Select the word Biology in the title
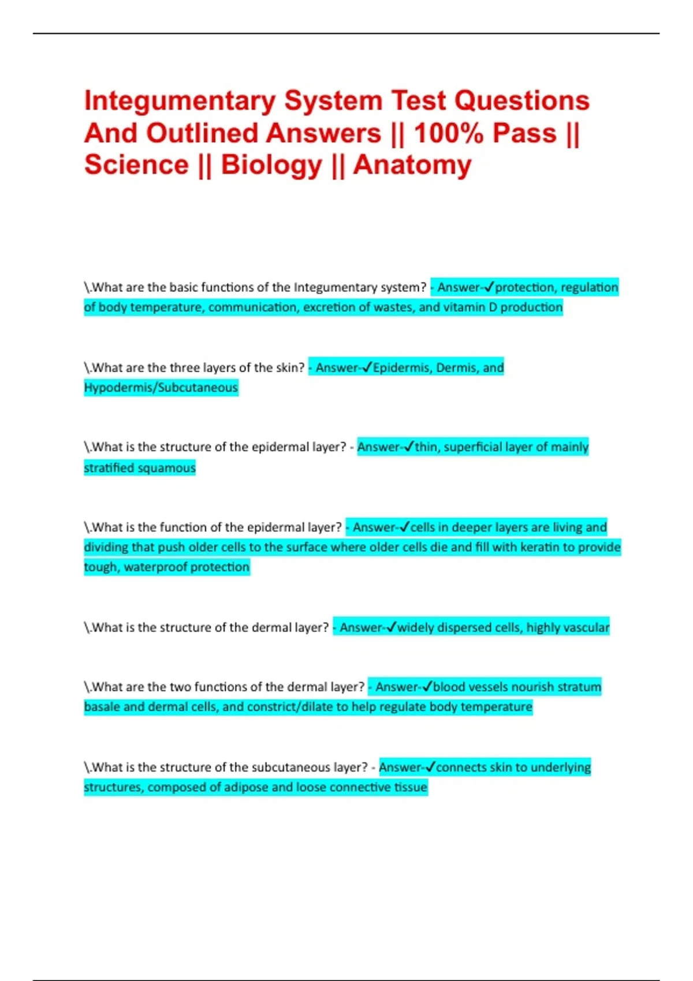click(271, 165)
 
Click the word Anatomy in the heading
click(412, 165)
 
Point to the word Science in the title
click(136, 165)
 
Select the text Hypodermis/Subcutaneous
click(161, 387)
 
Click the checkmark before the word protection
click(489, 287)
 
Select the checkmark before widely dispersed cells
click(391, 627)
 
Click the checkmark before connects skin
click(430, 767)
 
